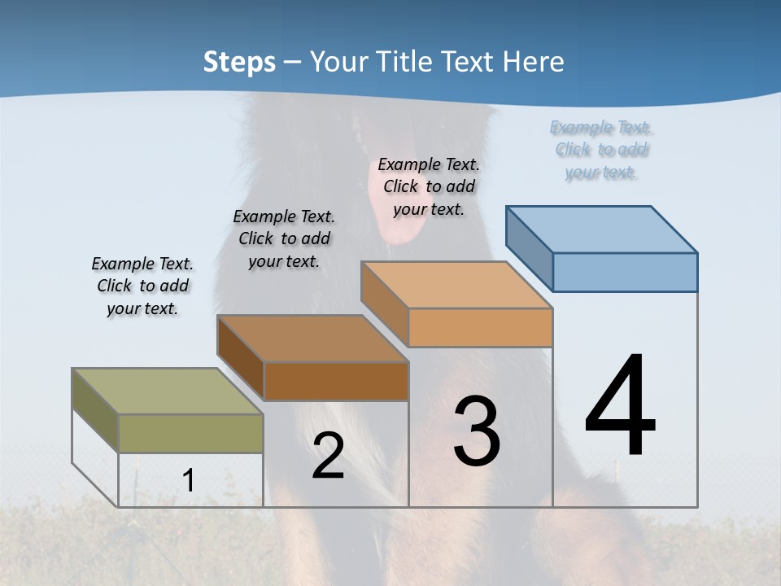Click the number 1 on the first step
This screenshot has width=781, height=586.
point(188,480)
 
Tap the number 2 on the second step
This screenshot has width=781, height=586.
point(328,456)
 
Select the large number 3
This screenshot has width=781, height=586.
point(477,431)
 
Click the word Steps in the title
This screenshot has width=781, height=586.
point(239,62)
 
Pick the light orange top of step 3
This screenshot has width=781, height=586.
point(456,285)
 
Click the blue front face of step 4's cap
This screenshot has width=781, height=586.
point(625,272)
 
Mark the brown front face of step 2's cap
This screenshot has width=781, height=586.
point(336,381)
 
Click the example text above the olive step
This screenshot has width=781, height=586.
point(142,286)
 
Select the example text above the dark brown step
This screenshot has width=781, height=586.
point(284,238)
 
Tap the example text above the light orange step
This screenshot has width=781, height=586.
point(429,186)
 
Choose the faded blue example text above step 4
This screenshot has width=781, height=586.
point(601,150)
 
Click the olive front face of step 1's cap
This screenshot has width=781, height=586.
point(190,433)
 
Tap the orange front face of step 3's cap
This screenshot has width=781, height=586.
point(480,327)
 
